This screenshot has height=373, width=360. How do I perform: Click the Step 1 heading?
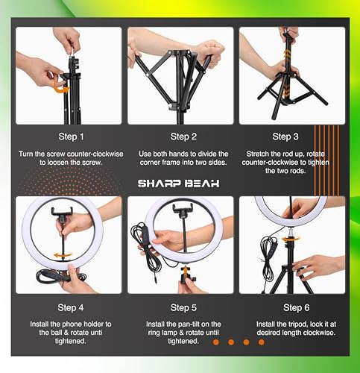click(x=71, y=137)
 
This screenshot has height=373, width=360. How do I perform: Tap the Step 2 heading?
click(x=183, y=137)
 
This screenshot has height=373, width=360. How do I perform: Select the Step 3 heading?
click(x=285, y=137)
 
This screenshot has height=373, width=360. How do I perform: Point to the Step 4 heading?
click(x=71, y=307)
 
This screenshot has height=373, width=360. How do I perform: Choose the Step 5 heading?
click(x=183, y=307)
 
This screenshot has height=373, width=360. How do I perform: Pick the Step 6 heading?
click(x=297, y=307)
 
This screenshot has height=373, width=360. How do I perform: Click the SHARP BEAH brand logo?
click(x=179, y=184)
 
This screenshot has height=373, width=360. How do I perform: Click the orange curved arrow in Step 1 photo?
click(x=60, y=87)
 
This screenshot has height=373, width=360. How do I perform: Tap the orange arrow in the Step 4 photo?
click(x=63, y=255)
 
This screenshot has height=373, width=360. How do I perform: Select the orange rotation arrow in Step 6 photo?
click(x=290, y=239)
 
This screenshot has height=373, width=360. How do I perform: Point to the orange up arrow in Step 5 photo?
click(x=185, y=271)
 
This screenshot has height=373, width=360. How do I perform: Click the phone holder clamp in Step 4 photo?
click(x=62, y=212)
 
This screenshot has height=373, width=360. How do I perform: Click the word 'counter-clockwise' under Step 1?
click(x=95, y=154)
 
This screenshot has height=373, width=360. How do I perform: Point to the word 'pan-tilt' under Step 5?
click(x=187, y=325)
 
